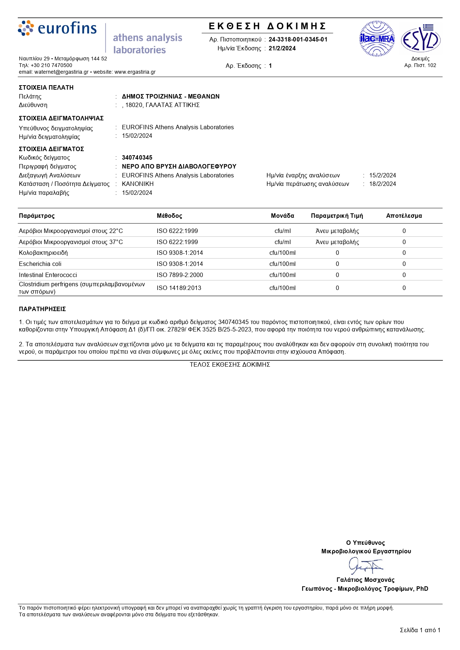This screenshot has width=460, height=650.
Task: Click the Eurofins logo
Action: point(57,29)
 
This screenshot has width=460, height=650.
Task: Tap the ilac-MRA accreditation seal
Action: point(377,39)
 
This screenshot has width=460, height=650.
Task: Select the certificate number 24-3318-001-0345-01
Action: point(298,40)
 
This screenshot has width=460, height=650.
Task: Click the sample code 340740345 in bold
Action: point(137,158)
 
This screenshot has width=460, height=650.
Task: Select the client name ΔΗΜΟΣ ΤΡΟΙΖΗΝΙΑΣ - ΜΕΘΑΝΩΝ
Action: point(171,97)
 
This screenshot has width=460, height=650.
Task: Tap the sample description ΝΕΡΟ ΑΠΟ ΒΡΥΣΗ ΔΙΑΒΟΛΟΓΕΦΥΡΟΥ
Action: point(179,167)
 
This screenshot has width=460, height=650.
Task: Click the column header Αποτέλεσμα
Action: point(404,216)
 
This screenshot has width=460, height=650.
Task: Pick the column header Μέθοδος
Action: point(169,216)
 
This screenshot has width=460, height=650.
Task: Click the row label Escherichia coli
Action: point(40,264)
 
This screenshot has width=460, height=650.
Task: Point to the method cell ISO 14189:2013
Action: point(179,288)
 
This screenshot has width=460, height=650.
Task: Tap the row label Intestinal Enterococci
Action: point(48,275)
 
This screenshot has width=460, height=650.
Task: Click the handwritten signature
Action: point(365,566)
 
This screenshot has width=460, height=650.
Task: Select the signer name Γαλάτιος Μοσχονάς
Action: point(365,580)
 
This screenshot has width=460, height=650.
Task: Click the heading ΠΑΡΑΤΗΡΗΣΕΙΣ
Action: point(42,309)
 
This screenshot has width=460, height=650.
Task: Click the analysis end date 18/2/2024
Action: point(383,184)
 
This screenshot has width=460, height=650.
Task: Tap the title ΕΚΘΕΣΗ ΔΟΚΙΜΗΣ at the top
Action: point(267,26)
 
